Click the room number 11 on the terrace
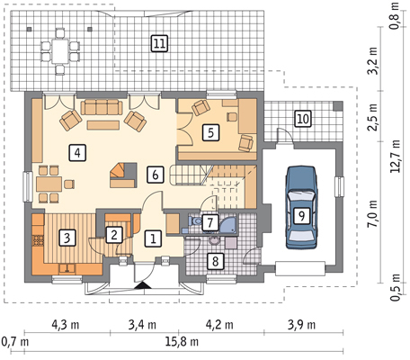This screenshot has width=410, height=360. pos(159,44)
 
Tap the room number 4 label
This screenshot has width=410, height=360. pos(77,153)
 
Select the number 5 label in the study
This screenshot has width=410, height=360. pos(210,132)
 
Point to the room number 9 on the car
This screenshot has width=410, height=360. pos(301,216)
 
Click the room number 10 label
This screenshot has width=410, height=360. pos(303,119)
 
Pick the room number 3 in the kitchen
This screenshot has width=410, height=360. pos(67,238)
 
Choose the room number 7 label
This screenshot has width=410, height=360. pos(209,222)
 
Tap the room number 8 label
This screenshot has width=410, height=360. pos(215,261)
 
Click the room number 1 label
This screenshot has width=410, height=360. pos(153,238)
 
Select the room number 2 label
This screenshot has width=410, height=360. pos(113,235)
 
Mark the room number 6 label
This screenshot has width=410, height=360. pos(156,175)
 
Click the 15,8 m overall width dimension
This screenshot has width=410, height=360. pos(183,341)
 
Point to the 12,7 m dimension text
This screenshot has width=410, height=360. pos(396,156)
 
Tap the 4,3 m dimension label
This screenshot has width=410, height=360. pos(66,325)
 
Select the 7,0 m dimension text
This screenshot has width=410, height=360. pos(372,215)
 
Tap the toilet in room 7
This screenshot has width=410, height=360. pos(194,221)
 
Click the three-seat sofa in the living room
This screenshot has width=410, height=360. pos(102,107)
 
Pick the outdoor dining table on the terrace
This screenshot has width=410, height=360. pos(60,51)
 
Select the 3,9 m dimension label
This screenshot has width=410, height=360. pos(301,325)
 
